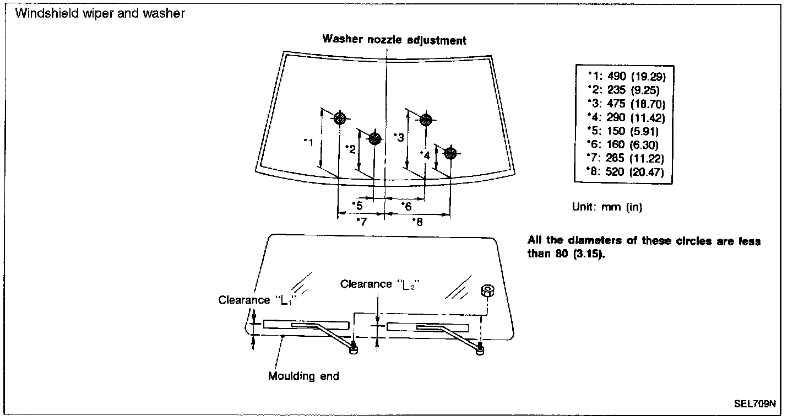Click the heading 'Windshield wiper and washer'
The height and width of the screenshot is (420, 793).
pos(100,14)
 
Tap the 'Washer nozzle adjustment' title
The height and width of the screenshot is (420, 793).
pos(394,40)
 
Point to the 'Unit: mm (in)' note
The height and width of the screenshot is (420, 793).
pos(607,207)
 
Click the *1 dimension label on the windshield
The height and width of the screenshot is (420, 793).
pos(309,142)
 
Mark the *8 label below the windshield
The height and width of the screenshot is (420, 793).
pos(417,221)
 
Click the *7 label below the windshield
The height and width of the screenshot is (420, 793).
pos(361,221)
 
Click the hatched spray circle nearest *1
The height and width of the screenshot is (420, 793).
pos(340,118)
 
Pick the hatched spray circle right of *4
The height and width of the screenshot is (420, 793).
pos(450,153)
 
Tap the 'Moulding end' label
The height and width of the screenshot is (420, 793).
pos(303,376)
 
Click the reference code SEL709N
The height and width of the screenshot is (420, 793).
pos(754,403)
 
